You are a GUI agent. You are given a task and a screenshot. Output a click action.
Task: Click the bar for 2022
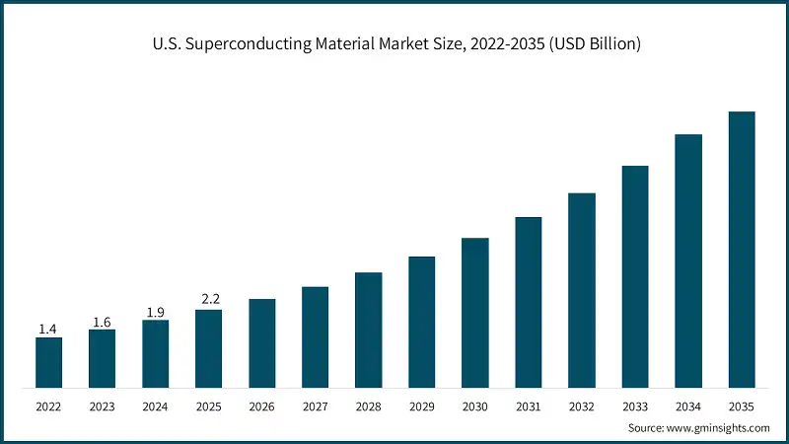point(48,362)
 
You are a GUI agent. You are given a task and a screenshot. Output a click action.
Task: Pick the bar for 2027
point(315,336)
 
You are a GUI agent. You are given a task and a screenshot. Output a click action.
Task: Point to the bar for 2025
point(208,348)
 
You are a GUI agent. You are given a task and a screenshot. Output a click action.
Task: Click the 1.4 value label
point(48,328)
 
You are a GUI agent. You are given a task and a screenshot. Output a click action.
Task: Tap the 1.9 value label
point(155,311)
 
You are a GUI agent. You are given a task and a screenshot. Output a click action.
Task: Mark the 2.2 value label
point(208,300)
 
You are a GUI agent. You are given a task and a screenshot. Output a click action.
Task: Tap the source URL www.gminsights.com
point(719,427)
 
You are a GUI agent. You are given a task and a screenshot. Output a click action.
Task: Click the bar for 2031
point(528,302)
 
